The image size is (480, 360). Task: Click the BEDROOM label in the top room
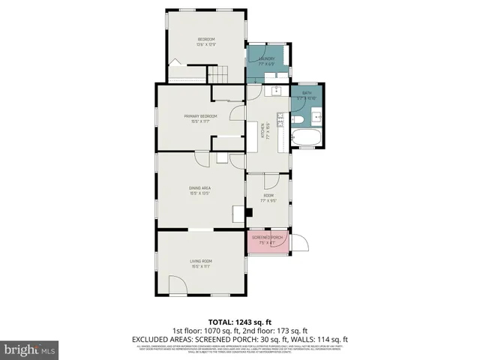206,39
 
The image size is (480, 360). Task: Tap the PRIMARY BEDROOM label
201,116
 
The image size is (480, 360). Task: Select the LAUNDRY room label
266,58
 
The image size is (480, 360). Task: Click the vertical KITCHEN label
264,132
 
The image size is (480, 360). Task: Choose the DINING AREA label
199,188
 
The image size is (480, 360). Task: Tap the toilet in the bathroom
297,119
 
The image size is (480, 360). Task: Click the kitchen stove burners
280,120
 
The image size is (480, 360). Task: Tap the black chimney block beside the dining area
249,212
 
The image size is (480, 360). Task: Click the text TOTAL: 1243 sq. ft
240,322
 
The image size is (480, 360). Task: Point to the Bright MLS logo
30,349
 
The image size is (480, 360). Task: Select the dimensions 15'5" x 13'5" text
199,193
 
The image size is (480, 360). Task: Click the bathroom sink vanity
316,116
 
